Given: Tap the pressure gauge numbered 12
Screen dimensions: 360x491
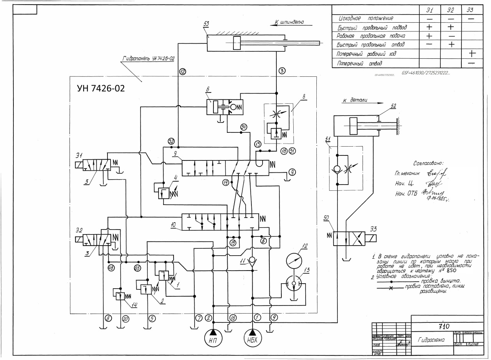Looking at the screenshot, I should [294, 261].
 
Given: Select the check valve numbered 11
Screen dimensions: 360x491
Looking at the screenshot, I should [252, 260].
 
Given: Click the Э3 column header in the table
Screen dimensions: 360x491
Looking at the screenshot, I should [472, 10].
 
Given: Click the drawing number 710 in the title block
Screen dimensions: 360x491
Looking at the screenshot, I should [446, 327].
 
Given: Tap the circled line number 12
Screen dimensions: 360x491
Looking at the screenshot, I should [182, 71].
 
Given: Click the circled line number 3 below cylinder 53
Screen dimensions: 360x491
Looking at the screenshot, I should [281, 71].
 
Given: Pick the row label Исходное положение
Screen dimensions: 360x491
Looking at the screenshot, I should [366, 18].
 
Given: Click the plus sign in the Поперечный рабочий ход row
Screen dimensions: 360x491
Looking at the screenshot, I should [471, 54].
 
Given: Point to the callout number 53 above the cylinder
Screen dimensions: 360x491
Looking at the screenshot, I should [206, 24].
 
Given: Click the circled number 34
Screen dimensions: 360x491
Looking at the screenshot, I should [243, 127].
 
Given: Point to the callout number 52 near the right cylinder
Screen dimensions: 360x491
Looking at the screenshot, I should [393, 106].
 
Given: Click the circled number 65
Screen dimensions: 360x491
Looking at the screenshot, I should [137, 268].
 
